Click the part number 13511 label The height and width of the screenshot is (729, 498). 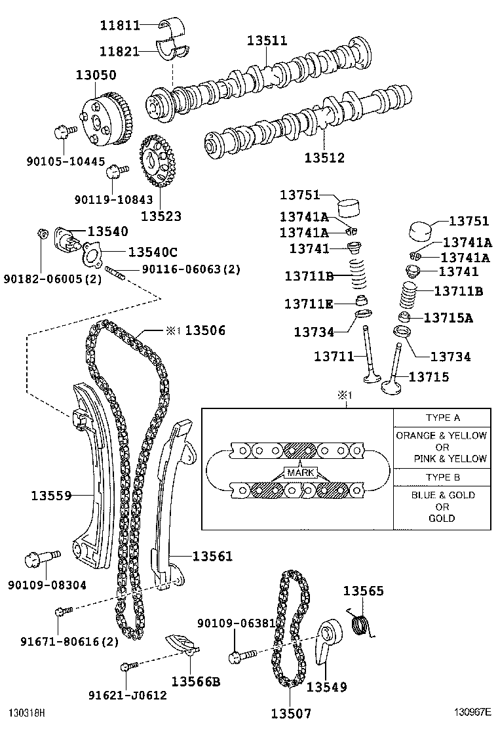(267, 41)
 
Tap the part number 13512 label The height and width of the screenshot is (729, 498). (324, 157)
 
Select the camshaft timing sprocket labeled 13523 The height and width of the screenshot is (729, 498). (157, 161)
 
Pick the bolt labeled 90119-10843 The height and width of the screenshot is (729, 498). (117, 172)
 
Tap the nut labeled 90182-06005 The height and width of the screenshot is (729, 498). (42, 233)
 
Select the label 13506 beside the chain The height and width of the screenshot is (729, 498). (205, 330)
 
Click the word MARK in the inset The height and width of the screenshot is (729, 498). (301, 473)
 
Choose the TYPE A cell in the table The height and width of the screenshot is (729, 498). (442, 418)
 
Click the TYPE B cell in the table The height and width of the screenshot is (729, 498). (442, 477)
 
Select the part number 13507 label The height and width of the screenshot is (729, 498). (291, 713)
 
